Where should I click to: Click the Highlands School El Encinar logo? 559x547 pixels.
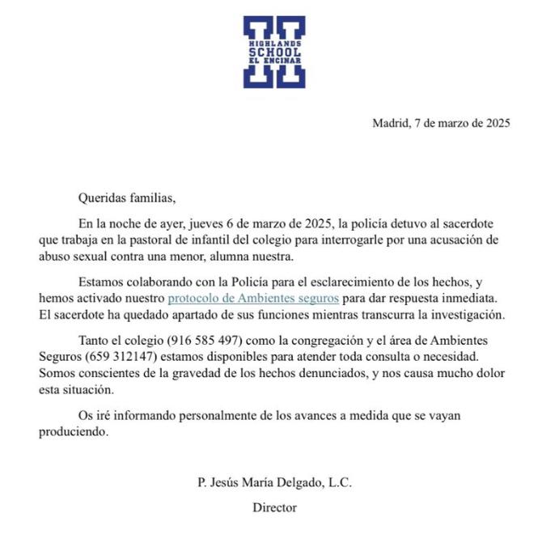tap(274, 52)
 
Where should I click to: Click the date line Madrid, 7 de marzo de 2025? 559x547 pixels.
tap(441, 124)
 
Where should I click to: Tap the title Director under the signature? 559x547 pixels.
tap(274, 507)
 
